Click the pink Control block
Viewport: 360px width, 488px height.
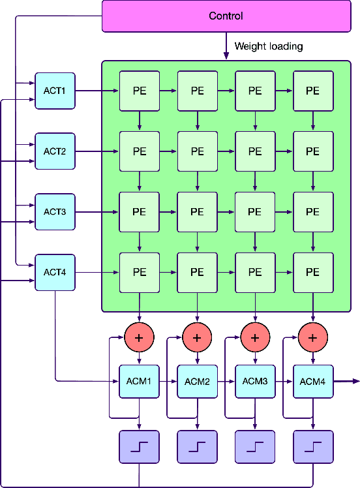[x=226, y=16]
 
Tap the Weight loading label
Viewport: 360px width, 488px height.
[x=268, y=46]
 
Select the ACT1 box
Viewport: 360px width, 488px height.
[x=55, y=91]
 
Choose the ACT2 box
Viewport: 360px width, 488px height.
[x=55, y=151]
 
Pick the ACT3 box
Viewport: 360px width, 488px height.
[x=55, y=212]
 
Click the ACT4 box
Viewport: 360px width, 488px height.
[x=55, y=272]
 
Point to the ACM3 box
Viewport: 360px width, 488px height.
[x=255, y=381]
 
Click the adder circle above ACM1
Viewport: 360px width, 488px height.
[x=139, y=337]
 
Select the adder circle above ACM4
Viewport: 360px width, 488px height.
[x=313, y=337]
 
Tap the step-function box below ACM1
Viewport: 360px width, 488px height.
[x=139, y=447]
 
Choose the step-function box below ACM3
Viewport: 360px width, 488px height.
[x=255, y=447]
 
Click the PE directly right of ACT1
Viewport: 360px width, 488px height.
[x=139, y=91]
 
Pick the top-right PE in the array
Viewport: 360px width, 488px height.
[x=313, y=91]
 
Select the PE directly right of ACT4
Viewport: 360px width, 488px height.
[x=139, y=272]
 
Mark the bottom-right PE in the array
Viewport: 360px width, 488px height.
[x=313, y=272]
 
